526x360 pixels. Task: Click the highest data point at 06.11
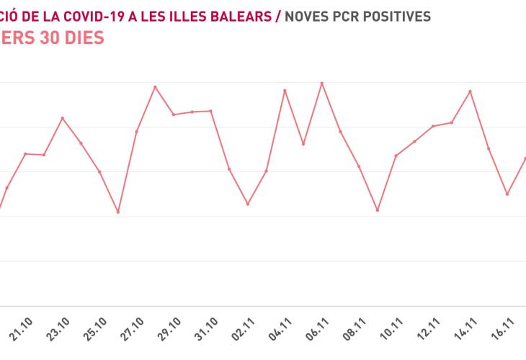322,84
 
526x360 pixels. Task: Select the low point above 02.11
248,204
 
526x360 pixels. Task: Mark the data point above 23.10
63,118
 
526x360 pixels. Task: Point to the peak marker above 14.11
471,91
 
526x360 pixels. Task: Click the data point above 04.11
285,90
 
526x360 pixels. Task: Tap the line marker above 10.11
396,156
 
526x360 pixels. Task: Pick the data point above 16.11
507,194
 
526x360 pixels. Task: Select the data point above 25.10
100,171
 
